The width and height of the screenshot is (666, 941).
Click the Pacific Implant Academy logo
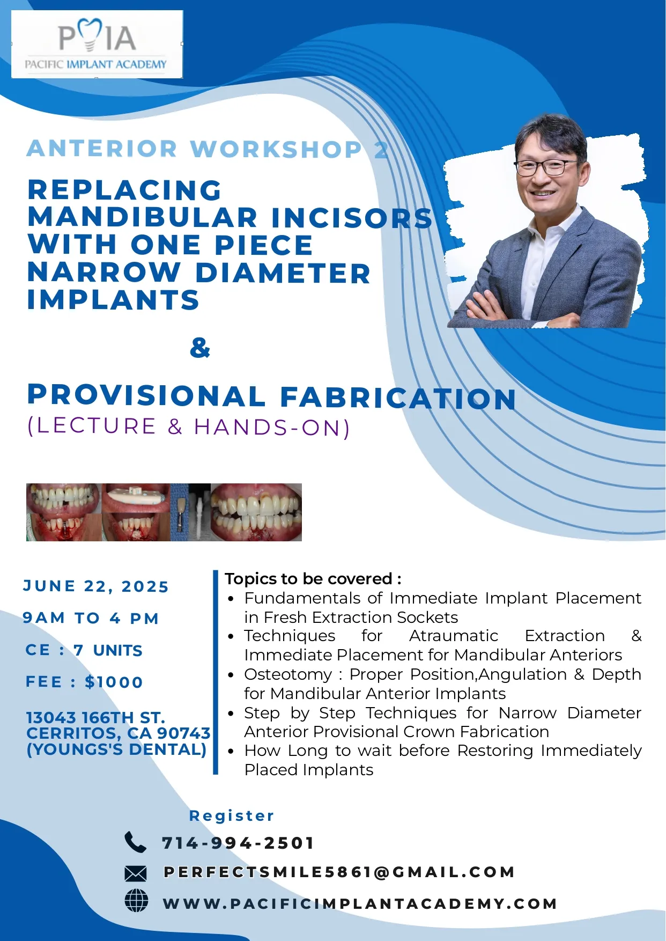point(97,45)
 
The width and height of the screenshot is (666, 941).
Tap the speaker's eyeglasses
point(545,167)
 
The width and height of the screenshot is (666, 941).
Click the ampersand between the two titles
point(200,348)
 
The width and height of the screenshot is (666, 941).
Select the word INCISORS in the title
point(352,218)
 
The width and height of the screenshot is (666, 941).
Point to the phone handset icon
point(135,842)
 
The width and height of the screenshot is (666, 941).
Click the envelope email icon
point(135,874)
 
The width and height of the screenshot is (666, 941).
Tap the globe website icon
point(136,901)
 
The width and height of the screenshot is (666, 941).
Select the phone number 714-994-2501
point(238,843)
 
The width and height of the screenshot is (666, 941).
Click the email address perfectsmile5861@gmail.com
point(339,872)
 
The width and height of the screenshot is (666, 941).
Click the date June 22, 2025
point(95,586)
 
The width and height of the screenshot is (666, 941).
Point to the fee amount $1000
point(114,682)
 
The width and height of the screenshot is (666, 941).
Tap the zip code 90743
point(184,733)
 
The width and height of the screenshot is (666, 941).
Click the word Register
point(232,816)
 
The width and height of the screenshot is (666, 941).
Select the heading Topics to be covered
point(313,579)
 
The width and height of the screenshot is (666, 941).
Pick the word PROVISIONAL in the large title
point(146,395)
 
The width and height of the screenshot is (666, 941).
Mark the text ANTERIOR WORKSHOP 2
point(208,149)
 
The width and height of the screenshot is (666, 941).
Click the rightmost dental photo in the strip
point(256,512)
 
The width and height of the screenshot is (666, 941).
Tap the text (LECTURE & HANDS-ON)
point(189,427)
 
